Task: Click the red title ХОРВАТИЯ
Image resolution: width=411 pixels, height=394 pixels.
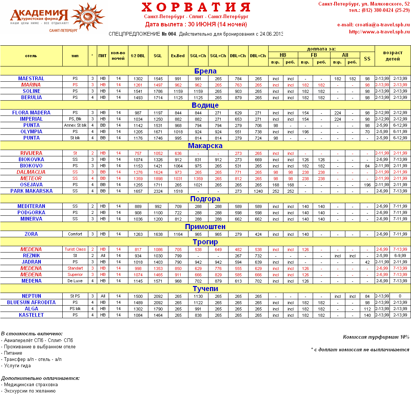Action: (x=196, y=7)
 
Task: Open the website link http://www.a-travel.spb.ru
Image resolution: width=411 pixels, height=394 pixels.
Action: (x=379, y=32)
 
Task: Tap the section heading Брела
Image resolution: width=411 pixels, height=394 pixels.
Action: (x=205, y=71)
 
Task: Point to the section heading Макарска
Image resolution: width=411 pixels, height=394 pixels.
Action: (x=205, y=146)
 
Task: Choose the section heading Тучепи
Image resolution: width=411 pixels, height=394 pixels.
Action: (x=205, y=289)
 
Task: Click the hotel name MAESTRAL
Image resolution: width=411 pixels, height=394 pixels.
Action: (x=31, y=78)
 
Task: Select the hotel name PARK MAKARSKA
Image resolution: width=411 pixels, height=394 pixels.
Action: (x=31, y=191)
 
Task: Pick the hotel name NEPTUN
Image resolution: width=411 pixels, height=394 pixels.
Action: (x=31, y=296)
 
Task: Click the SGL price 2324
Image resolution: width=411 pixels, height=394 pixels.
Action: (x=158, y=191)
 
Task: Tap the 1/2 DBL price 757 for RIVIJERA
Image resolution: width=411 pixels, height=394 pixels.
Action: (x=138, y=153)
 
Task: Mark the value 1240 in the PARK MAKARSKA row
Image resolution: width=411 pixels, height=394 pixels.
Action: (x=258, y=191)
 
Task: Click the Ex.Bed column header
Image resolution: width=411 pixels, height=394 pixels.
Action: (x=178, y=56)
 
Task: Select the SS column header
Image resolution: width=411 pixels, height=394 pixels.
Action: (x=367, y=59)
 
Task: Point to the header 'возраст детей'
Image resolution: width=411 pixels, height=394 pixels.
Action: (x=392, y=56)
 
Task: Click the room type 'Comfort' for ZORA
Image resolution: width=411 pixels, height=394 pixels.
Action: (x=75, y=234)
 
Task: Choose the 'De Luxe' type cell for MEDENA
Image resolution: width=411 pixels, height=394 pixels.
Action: (x=75, y=281)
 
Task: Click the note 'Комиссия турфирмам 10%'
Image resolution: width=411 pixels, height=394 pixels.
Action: (x=376, y=337)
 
